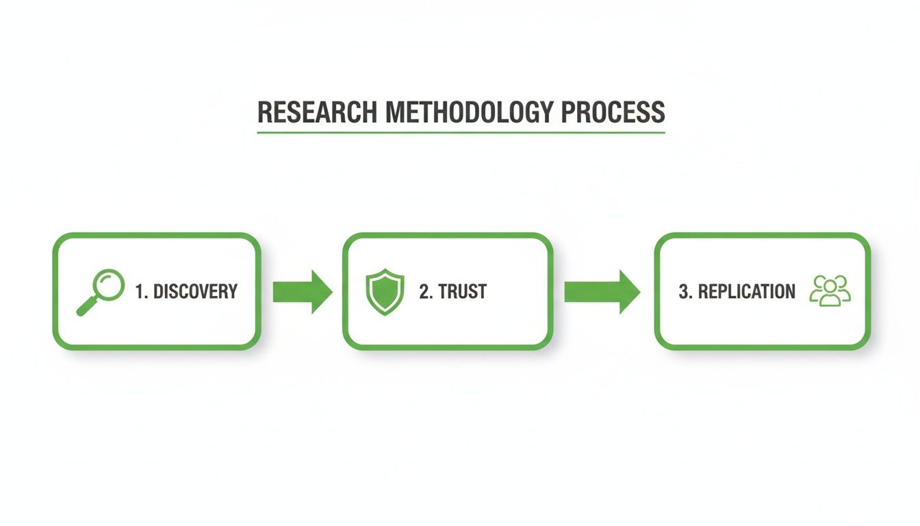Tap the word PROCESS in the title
click(612, 112)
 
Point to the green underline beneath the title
click(461, 131)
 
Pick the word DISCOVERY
click(195, 291)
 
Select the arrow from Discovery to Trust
click(302, 292)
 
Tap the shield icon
click(385, 292)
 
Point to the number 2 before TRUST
click(424, 291)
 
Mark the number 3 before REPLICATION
click(683, 291)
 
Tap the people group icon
click(830, 290)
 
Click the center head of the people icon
click(830, 284)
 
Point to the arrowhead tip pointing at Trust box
click(332, 292)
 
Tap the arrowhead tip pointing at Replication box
click(639, 292)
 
